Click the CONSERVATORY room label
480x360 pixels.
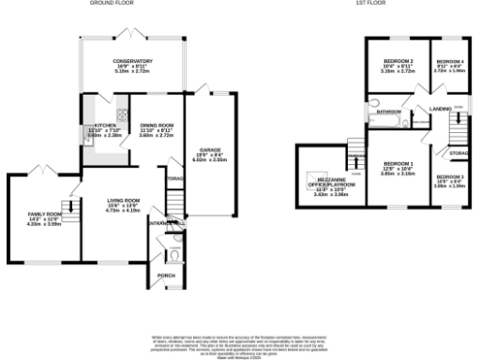coord(133,61)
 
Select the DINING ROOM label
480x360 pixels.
coord(157,125)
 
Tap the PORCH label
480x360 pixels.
coord(166,275)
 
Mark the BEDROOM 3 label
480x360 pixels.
coord(449,176)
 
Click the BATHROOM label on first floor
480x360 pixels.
coord(388,111)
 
